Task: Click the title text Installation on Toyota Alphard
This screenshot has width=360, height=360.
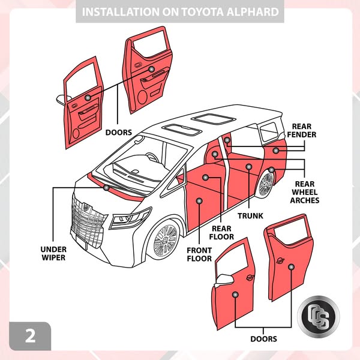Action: (x=180, y=12)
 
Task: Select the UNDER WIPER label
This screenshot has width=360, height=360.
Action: (x=53, y=253)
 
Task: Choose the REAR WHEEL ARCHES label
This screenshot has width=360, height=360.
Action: (x=305, y=192)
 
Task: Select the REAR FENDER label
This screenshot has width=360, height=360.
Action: (x=304, y=131)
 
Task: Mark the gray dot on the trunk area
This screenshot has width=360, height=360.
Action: (x=249, y=166)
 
